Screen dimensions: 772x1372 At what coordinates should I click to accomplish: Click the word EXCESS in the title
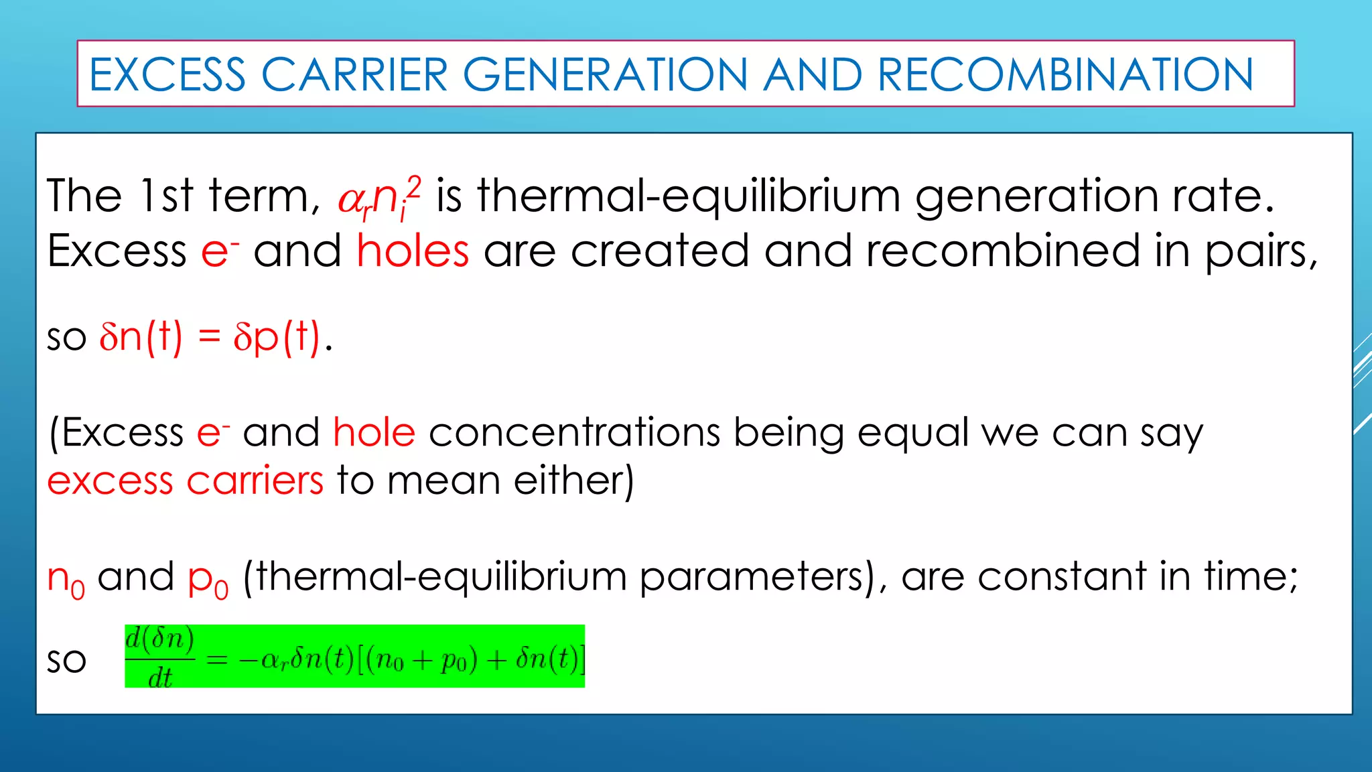(167, 74)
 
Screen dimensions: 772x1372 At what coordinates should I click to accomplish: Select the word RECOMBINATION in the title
(1065, 74)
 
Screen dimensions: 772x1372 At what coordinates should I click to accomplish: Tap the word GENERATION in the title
(605, 74)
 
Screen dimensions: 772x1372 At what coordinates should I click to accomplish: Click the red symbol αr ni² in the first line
(379, 198)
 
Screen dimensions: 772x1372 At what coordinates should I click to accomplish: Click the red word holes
(413, 252)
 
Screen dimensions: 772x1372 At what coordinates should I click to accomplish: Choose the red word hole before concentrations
(374, 432)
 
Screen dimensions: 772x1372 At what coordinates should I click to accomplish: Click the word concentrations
(574, 432)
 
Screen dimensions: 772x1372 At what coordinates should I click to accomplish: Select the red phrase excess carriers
(186, 480)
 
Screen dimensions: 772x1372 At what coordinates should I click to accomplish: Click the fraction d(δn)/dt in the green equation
(160, 657)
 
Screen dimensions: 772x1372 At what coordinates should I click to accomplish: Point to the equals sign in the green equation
(216, 661)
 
